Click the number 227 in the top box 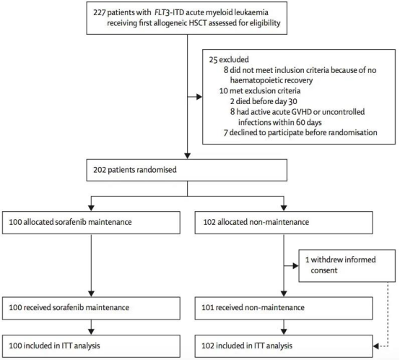click(x=99, y=12)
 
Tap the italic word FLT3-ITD click(x=169, y=12)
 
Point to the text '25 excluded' click(x=229, y=59)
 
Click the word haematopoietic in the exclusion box click(x=256, y=80)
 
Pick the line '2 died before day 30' click(x=264, y=101)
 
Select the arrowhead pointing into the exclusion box click(x=199, y=97)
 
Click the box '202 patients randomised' click(x=187, y=170)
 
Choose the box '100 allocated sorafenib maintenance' click(x=91, y=223)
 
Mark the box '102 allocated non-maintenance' click(x=284, y=223)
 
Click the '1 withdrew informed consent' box click(x=347, y=265)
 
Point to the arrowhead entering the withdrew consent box click(x=295, y=266)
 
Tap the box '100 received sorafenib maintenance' click(x=91, y=308)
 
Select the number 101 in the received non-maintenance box click(x=207, y=307)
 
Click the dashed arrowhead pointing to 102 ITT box click(x=375, y=346)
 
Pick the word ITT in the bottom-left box click(x=66, y=346)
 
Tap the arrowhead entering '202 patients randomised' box click(x=188, y=156)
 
